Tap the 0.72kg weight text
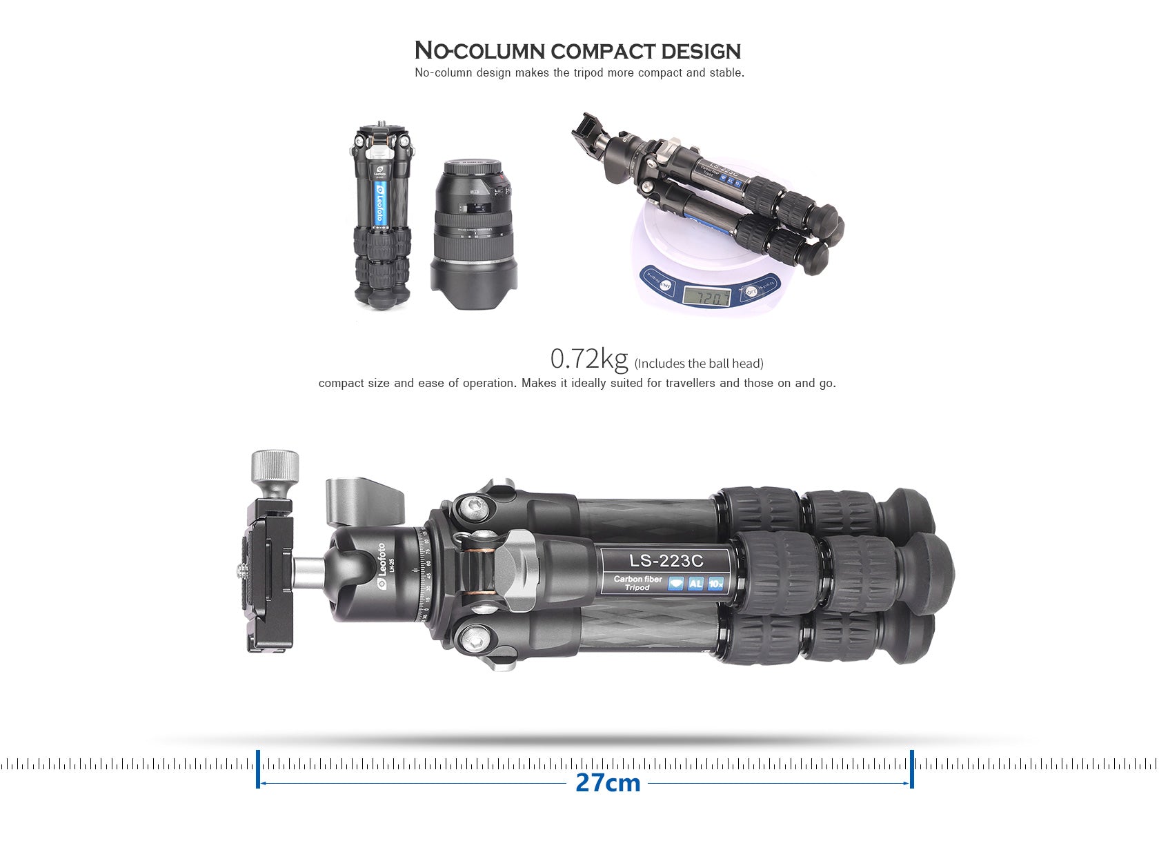pyautogui.click(x=588, y=359)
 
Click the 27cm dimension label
pyautogui.click(x=607, y=783)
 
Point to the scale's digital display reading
pyautogui.click(x=706, y=297)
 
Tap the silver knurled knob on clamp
pyautogui.click(x=275, y=467)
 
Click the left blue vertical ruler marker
pyautogui.click(x=258, y=769)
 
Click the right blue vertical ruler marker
pyautogui.click(x=912, y=769)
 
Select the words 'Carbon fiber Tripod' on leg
pyautogui.click(x=637, y=583)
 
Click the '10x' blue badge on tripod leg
pyautogui.click(x=715, y=584)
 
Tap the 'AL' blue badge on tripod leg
pyautogui.click(x=695, y=584)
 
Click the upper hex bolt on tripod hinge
pyautogui.click(x=474, y=508)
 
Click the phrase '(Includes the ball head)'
pyautogui.click(x=698, y=364)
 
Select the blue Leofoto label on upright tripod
pyautogui.click(x=379, y=204)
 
